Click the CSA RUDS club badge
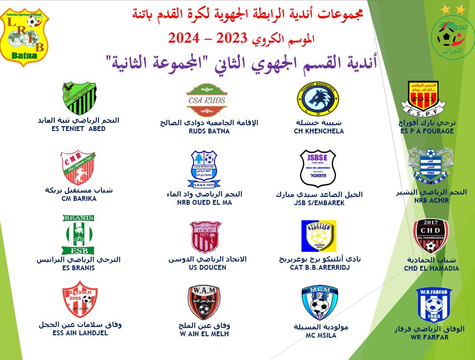click(207, 100)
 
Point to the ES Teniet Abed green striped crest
click(79, 98)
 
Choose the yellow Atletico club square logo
click(318, 236)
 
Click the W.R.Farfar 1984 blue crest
click(433, 305)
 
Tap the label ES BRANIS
click(79, 268)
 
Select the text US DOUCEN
click(207, 268)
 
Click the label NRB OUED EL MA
click(205, 202)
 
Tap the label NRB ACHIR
click(431, 200)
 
